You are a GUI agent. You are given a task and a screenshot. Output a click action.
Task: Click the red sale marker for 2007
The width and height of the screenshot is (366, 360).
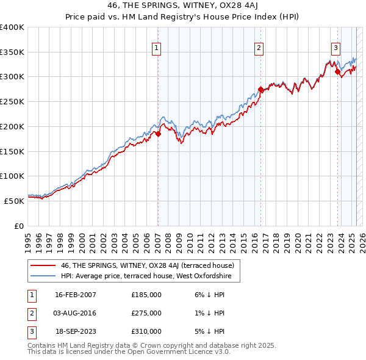tap(158, 134)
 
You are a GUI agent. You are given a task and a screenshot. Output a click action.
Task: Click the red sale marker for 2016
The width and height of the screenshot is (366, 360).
tap(260, 90)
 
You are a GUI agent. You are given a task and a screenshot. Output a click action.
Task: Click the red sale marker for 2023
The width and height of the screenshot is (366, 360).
tap(337, 72)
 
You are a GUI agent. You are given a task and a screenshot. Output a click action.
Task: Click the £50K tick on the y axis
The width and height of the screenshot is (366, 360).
tap(13, 200)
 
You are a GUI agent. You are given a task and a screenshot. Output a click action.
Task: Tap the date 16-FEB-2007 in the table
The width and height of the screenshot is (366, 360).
tap(76, 295)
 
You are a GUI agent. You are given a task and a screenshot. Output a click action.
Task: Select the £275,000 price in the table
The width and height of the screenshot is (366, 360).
tap(146, 313)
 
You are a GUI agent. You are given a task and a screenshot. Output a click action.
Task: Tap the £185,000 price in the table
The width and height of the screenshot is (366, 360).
tap(146, 295)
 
